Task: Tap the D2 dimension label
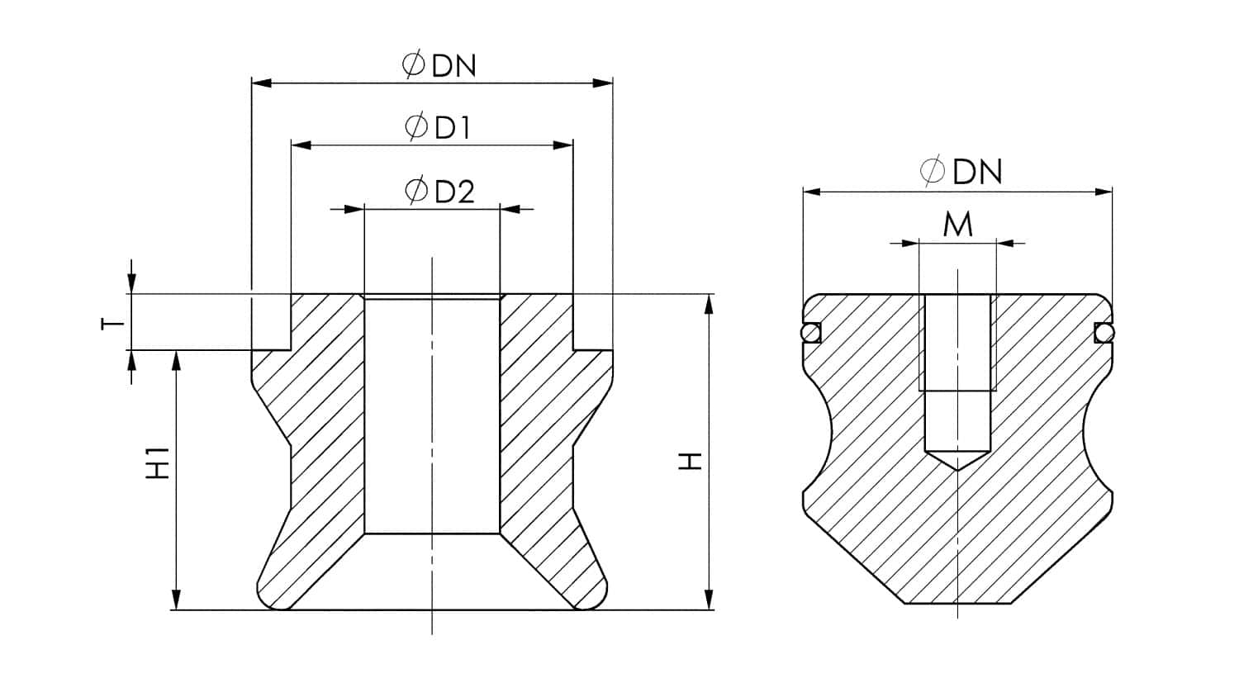454,192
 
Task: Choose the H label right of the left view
691,461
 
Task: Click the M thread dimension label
957,225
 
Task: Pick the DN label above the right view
977,172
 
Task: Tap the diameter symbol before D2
416,191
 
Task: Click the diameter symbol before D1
417,127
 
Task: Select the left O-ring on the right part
810,332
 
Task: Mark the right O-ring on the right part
1104,332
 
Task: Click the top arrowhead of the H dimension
709,304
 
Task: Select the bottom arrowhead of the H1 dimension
175,600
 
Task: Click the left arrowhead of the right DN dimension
812,192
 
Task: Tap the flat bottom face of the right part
958,603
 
